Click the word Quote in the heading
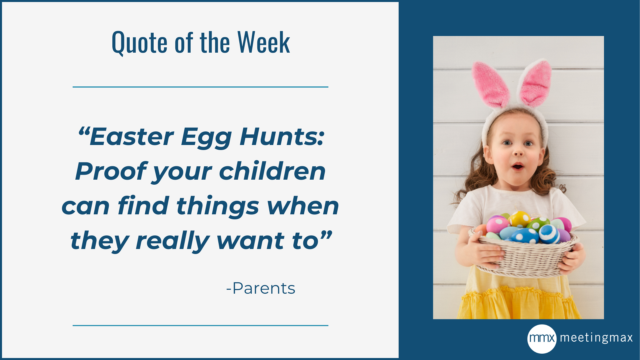click(x=139, y=42)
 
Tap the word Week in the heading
click(x=264, y=42)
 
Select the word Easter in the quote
click(x=131, y=137)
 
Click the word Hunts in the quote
click(x=282, y=137)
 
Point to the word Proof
click(x=111, y=171)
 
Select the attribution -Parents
click(x=261, y=288)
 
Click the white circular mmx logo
click(x=542, y=338)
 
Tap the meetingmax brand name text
click(x=596, y=338)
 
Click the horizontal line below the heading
click(x=200, y=87)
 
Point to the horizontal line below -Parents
click(x=200, y=325)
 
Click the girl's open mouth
click(x=518, y=166)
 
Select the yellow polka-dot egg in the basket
click(x=519, y=219)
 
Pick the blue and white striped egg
click(x=549, y=234)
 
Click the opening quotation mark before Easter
click(x=83, y=131)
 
